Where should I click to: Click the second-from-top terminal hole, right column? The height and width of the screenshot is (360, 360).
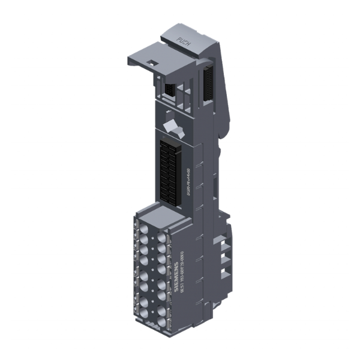(163, 245)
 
